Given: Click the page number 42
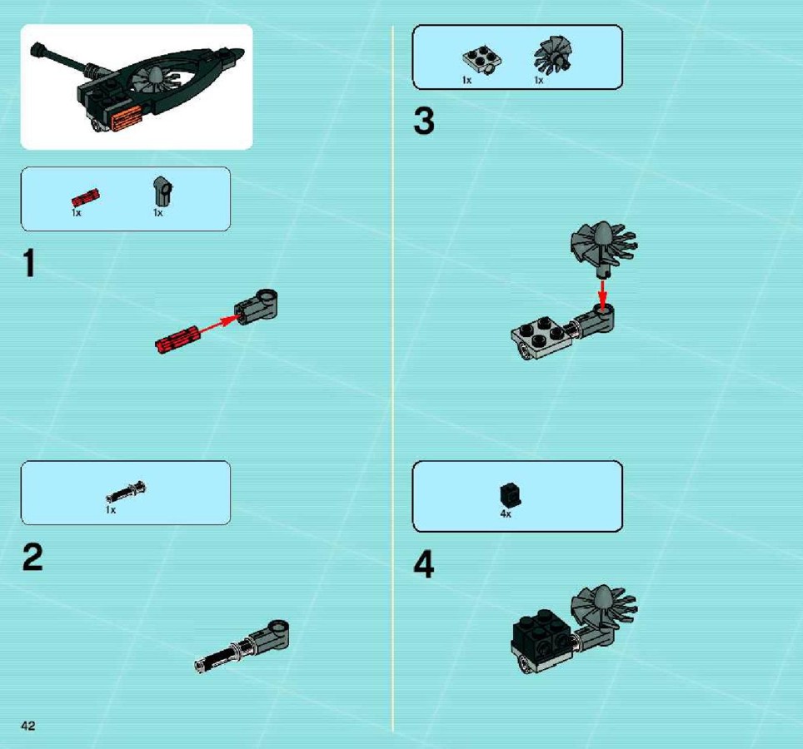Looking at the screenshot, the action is tap(28, 726).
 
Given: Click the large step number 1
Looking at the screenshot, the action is tap(30, 263).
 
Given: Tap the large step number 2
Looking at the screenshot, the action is tap(32, 557).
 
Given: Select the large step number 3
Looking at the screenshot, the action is tap(424, 121).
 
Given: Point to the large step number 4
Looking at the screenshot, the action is tap(424, 563).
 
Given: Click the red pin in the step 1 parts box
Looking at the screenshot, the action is tap(86, 197).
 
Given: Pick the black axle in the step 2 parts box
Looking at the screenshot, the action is tap(126, 492).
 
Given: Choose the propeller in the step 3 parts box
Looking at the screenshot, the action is tap(552, 55).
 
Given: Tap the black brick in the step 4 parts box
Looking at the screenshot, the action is tap(510, 494).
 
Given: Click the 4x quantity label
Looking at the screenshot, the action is tap(506, 513).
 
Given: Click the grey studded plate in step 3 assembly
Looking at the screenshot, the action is tap(541, 337).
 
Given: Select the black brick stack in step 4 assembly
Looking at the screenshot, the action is tap(543, 636).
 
